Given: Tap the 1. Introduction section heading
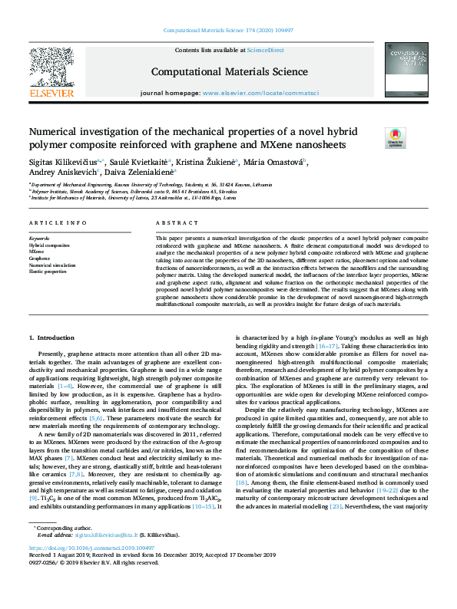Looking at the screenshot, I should [x=51, y=338].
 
